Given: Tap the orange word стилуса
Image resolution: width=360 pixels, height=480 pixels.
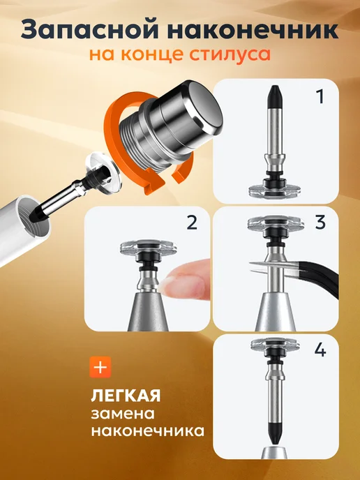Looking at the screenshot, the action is coord(230,54).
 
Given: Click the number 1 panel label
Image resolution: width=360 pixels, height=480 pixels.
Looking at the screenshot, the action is coord(320,96).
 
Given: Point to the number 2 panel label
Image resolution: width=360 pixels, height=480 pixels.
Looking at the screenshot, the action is coord(192,223).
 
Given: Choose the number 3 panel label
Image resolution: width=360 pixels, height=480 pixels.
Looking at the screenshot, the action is coord(320,223).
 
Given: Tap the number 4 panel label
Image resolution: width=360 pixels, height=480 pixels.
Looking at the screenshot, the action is coord(320,350).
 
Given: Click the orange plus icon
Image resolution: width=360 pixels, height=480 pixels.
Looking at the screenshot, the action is coord(100,367).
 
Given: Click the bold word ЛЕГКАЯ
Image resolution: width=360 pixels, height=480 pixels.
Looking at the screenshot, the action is coord(126,396).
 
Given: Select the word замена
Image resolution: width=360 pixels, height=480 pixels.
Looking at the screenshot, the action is coord(123,414).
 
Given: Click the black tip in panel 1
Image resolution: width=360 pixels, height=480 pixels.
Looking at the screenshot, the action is coord(275,97).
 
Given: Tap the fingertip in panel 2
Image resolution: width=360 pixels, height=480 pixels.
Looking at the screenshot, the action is coord(187,280).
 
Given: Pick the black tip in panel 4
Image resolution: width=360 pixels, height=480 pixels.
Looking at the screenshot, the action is coord(275,432).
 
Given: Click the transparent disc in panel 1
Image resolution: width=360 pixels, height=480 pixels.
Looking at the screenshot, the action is coord(270,191).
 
